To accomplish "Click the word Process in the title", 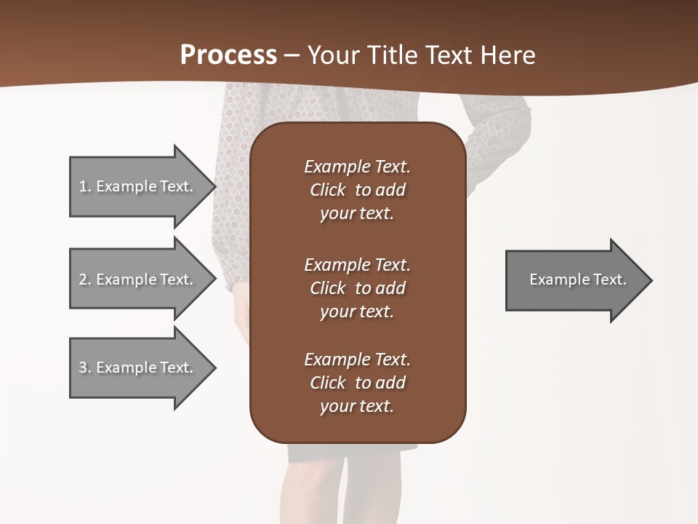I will tap(228, 55).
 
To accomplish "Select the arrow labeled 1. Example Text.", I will tap(135, 186).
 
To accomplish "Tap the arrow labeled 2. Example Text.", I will tap(135, 279).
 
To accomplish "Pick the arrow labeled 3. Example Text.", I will tap(135, 368).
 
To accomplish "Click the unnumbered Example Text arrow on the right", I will tap(577, 280).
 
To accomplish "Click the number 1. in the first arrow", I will tap(84, 186).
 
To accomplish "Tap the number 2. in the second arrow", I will tap(84, 279).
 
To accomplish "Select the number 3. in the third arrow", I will tap(84, 368).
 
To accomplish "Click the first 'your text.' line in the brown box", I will tap(357, 214).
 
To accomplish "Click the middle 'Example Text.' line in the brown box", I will tap(357, 265).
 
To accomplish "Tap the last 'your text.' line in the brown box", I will tap(357, 407).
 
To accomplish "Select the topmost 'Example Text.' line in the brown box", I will tap(357, 167).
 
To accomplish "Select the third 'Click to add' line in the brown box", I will tap(357, 383).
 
